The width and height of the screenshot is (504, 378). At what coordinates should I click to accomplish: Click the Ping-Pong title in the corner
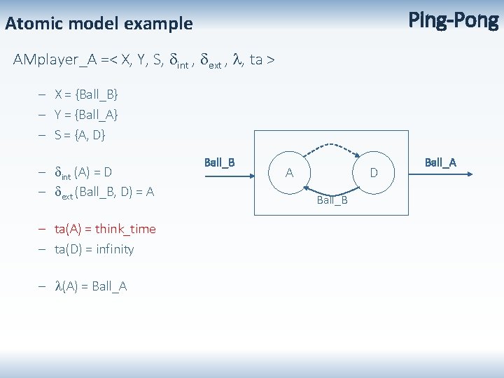453,21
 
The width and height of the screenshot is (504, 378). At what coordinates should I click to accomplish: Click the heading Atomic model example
99,24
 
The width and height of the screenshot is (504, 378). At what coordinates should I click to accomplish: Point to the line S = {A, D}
80,134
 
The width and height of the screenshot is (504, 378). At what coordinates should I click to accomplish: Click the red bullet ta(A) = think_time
105,229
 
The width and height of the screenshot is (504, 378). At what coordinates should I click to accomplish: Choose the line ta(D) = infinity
94,249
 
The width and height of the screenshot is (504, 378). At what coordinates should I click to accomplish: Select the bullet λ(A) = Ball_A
91,286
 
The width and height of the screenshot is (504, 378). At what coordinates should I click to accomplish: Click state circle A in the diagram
289,172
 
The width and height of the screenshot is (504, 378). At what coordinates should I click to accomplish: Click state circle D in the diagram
374,172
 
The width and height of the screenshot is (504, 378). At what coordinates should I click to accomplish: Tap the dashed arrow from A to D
331,146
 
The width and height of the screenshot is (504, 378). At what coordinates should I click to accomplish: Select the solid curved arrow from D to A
331,192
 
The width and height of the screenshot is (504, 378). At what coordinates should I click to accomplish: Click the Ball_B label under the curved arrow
332,201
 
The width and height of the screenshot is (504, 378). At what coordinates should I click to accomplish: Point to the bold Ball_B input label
219,162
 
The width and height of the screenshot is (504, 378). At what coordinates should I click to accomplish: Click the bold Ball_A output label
440,162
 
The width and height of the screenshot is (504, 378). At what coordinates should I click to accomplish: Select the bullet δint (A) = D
83,171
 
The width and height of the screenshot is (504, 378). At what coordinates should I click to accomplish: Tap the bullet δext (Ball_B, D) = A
104,192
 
